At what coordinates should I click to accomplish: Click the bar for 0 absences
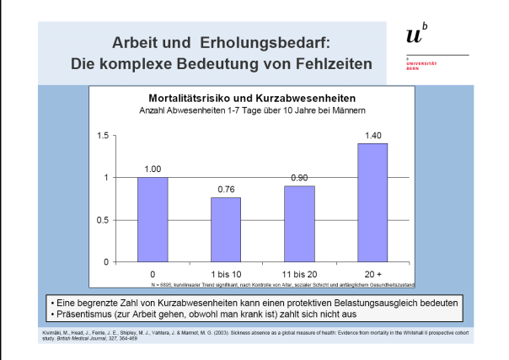click(153, 219)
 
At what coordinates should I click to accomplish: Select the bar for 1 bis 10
click(226, 229)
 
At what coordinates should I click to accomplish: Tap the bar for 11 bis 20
click(299, 223)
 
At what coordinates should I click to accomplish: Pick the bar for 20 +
click(372, 202)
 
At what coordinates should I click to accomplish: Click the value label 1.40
click(372, 135)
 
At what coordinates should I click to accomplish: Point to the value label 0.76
click(226, 189)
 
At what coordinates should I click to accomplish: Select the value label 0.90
click(299, 177)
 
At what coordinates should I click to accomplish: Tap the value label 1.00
click(153, 169)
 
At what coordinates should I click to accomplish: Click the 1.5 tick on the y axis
click(104, 135)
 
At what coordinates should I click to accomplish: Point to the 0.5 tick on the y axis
click(104, 219)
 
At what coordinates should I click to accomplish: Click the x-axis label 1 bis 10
click(226, 274)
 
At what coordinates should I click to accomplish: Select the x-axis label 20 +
click(372, 274)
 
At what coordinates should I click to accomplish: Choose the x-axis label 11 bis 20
click(299, 274)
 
